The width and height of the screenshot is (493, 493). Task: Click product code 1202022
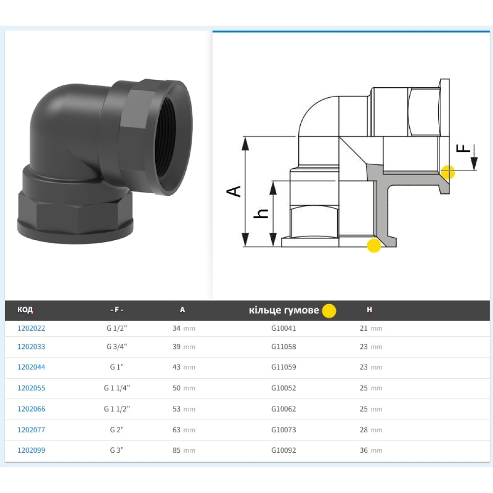pyautogui.click(x=31, y=328)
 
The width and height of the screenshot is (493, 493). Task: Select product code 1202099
pyautogui.click(x=31, y=450)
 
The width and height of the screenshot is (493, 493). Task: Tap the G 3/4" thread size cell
pyautogui.click(x=117, y=347)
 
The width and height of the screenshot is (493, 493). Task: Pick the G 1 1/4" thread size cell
pyautogui.click(x=117, y=388)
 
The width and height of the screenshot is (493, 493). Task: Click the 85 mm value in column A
pyautogui.click(x=183, y=450)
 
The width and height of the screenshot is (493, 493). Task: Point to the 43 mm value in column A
pyautogui.click(x=183, y=367)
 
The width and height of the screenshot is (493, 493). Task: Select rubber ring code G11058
pyautogui.click(x=283, y=347)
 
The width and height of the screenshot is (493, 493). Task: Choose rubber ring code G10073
pyautogui.click(x=283, y=430)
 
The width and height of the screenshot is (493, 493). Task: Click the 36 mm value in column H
pyautogui.click(x=371, y=450)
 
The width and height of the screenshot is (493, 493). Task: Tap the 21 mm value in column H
pyautogui.click(x=371, y=328)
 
